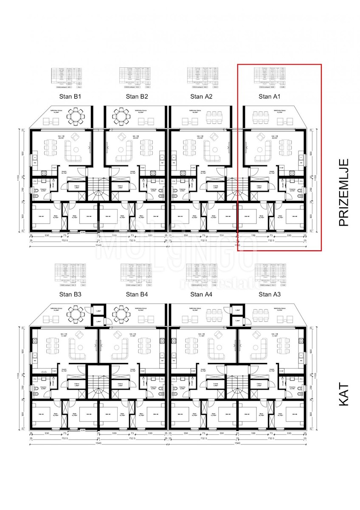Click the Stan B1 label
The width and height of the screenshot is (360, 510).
[x=71, y=97]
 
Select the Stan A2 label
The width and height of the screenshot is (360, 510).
[x=202, y=97]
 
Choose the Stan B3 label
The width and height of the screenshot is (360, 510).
[x=70, y=294]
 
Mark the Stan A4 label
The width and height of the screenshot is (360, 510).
[x=202, y=294]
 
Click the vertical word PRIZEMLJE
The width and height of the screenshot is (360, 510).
[x=343, y=192]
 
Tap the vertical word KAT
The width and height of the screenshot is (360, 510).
[x=343, y=394]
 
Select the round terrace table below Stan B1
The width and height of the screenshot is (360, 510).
[x=77, y=116]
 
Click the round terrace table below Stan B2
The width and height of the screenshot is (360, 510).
[x=121, y=116]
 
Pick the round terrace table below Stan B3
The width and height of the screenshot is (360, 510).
[x=77, y=314]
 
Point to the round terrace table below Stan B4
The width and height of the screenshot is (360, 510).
[x=121, y=314]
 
